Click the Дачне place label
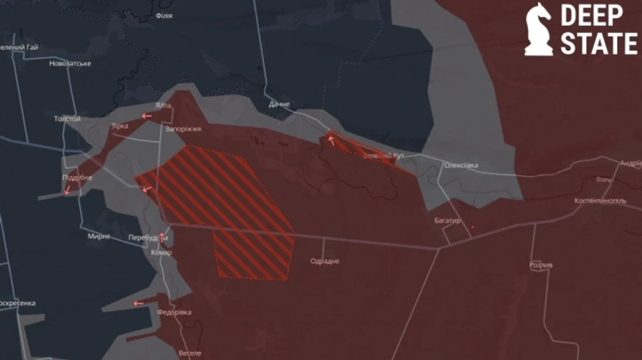pyautogui.click(x=280, y=105)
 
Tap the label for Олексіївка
pyautogui.click(x=461, y=165)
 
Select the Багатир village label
pyautogui.click(x=448, y=221)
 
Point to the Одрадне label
pyautogui.click(x=325, y=261)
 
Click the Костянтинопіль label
pyautogui.click(x=601, y=201)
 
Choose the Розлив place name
pyautogui.click(x=541, y=264)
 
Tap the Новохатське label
pyautogui.click(x=70, y=63)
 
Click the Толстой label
pyautogui.click(x=67, y=119)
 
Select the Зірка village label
pyautogui.click(x=119, y=126)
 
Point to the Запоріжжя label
pyautogui.click(x=183, y=129)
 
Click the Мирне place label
pyautogui.click(x=99, y=236)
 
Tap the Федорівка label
pyautogui.click(x=174, y=312)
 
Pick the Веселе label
pyautogui.click(x=190, y=353)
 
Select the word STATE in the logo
pyautogui.click(x=598, y=43)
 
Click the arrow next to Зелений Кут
pyautogui.click(x=331, y=140)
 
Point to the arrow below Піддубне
pyautogui.click(x=67, y=190)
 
